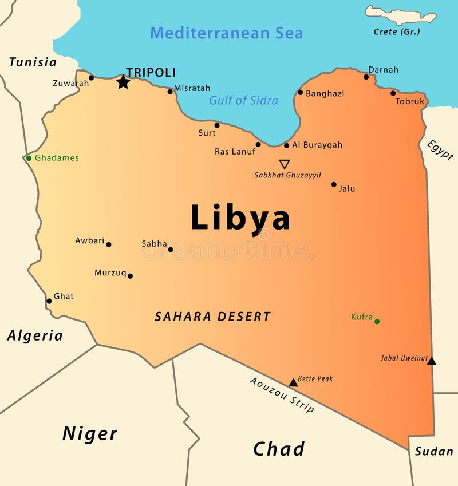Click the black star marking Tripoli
tap(123, 82)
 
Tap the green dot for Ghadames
tap(29, 158)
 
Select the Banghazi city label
tap(325, 93)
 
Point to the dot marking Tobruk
tap(393, 93)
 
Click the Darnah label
tap(383, 70)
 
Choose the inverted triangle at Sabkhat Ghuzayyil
tap(285, 164)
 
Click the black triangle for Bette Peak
tap(293, 382)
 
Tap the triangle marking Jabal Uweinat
tap(432, 361)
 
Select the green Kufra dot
tap(377, 321)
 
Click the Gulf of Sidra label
tap(243, 101)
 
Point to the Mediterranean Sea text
tap(226, 33)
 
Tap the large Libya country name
tap(240, 218)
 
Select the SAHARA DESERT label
tap(212, 317)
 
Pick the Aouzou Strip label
tap(282, 394)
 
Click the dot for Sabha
tap(171, 249)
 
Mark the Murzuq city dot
tap(130, 276)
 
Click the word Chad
tap(279, 449)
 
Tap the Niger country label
tap(90, 434)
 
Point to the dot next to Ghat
tap(49, 301)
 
